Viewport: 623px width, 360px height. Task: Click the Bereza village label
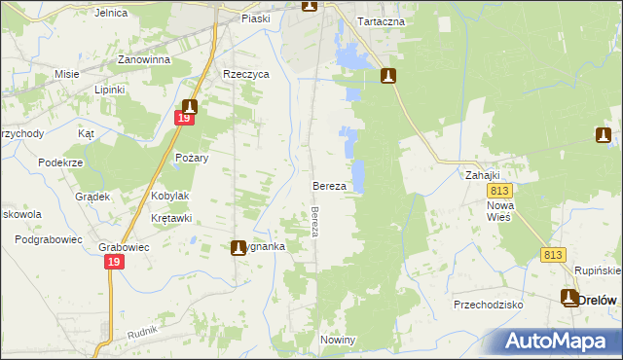pyautogui.click(x=329, y=185)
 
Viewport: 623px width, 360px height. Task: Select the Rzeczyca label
pyautogui.click(x=245, y=74)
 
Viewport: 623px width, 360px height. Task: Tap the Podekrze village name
pyautogui.click(x=59, y=162)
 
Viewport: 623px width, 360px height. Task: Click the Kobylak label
pyautogui.click(x=170, y=196)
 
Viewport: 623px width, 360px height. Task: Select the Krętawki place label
pyautogui.click(x=171, y=218)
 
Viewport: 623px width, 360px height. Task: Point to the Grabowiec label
pyautogui.click(x=124, y=247)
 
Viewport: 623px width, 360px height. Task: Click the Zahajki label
pyautogui.click(x=482, y=176)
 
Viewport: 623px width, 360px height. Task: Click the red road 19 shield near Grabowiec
pyautogui.click(x=116, y=263)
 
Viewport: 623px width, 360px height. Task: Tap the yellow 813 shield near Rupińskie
pyautogui.click(x=553, y=255)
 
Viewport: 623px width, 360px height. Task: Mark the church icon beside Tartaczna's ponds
pyautogui.click(x=388, y=76)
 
